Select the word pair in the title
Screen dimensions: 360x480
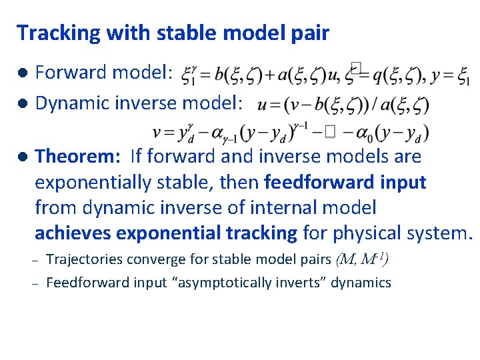tap(308, 33)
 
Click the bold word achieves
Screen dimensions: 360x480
tap(73, 233)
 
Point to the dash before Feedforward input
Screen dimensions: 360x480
tap(38, 283)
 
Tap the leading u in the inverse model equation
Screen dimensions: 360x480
tap(262, 105)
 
